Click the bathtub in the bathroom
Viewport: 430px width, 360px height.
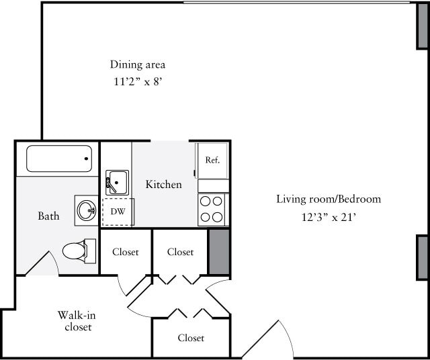click(59, 159)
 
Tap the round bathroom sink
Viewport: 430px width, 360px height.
click(86, 210)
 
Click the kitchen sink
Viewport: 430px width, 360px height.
click(118, 182)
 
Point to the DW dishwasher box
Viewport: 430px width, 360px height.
click(117, 212)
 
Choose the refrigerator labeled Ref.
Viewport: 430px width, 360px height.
click(212, 160)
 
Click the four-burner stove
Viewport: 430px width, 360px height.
click(212, 209)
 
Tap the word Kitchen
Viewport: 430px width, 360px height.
click(163, 184)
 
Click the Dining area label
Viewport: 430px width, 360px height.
click(138, 65)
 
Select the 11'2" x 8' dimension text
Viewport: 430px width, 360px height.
click(138, 83)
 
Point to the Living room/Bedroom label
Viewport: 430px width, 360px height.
click(329, 199)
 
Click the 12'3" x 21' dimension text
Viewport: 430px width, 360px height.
click(329, 217)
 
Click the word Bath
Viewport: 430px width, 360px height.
click(48, 216)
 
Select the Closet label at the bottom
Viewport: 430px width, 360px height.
click(191, 338)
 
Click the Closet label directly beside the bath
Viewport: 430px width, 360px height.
click(126, 252)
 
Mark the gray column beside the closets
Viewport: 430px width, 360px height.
click(219, 252)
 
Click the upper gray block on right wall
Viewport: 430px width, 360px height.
click(423, 26)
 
